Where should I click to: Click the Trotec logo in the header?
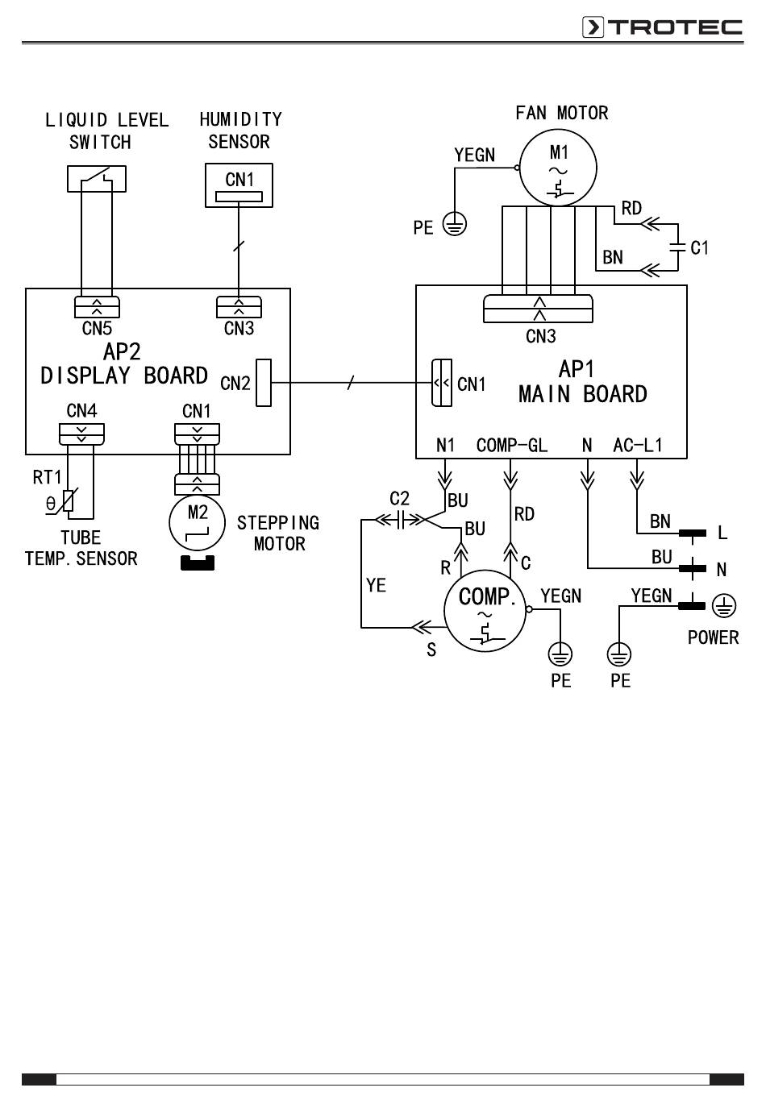point(662,27)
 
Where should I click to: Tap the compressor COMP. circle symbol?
point(485,611)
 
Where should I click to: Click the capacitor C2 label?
point(399,499)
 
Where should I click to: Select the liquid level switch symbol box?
point(97,178)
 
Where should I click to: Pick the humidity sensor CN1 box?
point(239,185)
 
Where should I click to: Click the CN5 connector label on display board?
point(97,329)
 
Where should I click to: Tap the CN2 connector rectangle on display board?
point(263,382)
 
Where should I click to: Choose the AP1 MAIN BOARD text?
point(582,382)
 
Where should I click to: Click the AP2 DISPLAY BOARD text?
point(124,364)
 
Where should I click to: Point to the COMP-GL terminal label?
point(511,445)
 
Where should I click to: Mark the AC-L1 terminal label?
point(637,445)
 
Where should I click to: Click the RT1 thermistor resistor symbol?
point(69,501)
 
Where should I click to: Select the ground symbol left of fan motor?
point(456,225)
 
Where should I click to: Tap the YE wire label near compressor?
point(376,586)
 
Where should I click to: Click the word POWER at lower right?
point(713,637)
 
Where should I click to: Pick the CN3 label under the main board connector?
point(540,336)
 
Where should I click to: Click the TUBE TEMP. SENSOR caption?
point(81,548)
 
